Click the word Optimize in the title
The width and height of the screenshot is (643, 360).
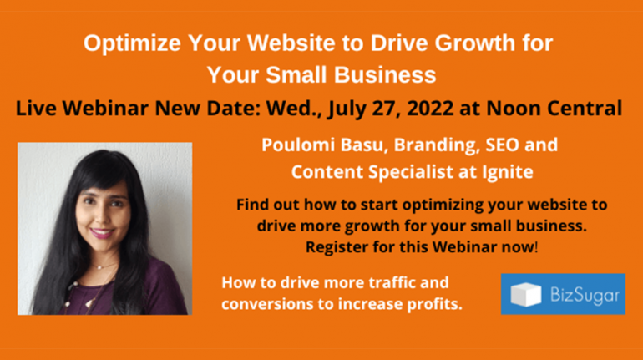(x=132, y=44)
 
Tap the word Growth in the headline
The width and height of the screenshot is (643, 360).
(x=474, y=43)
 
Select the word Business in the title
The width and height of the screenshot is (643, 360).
(x=385, y=75)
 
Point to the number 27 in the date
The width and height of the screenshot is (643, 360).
(x=387, y=109)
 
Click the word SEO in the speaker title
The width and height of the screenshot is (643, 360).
(x=503, y=145)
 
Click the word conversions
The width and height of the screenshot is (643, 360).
(x=267, y=304)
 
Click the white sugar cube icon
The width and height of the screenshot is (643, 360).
(x=525, y=294)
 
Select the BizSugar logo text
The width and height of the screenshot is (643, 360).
(x=585, y=296)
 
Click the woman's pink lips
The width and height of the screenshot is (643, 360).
(x=101, y=233)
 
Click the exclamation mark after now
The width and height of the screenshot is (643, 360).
(x=536, y=247)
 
